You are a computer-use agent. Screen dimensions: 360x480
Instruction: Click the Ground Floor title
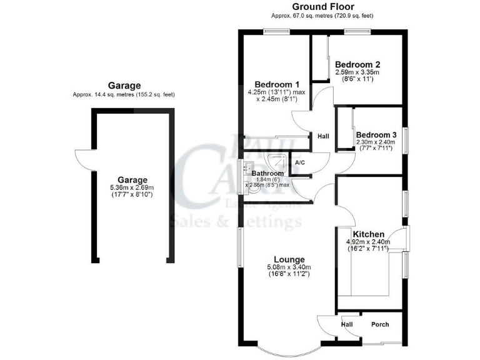click(321, 7)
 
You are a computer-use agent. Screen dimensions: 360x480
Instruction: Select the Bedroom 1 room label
click(276, 84)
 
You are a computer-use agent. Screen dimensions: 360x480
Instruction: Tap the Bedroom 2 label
click(357, 64)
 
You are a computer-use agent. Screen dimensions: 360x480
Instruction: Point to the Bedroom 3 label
click(376, 135)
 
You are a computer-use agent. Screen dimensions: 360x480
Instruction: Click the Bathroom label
click(267, 173)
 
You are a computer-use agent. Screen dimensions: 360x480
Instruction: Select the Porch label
click(380, 324)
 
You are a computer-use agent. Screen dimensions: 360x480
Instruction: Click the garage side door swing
click(84, 161)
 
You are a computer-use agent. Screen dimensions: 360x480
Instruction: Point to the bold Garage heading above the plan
click(124, 86)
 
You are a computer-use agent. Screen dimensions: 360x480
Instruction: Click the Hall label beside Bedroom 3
click(323, 137)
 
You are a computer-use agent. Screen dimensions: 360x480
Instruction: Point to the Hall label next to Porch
click(347, 324)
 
